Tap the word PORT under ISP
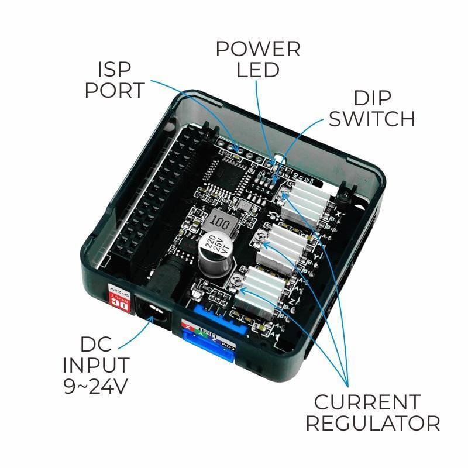pos(114,91)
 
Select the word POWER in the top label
pos(258,49)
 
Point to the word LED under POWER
pos(258,70)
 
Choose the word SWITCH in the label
pos(371,118)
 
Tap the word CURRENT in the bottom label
pos(367,402)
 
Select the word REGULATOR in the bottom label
pos(373,423)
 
